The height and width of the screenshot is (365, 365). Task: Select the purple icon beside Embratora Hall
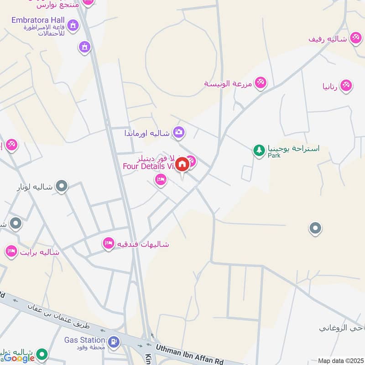point(72,24)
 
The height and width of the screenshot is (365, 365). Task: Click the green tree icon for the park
point(259,150)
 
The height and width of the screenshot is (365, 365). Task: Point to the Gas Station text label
point(85,340)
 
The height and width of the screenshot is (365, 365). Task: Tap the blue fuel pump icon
point(114,341)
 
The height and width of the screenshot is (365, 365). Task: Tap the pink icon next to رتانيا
point(346,85)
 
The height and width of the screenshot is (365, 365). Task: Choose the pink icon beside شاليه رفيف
point(355,37)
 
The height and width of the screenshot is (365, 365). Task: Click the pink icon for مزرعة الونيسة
point(261,83)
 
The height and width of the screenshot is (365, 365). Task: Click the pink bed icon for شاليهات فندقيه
point(109,243)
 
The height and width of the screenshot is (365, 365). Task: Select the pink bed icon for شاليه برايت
point(11,251)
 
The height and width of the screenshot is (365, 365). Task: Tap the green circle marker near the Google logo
point(42,354)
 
